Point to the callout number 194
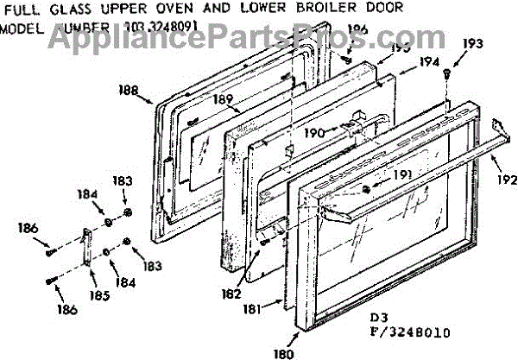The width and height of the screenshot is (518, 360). pyautogui.click(x=429, y=62)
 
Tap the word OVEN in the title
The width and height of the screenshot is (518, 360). pyautogui.click(x=165, y=8)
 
